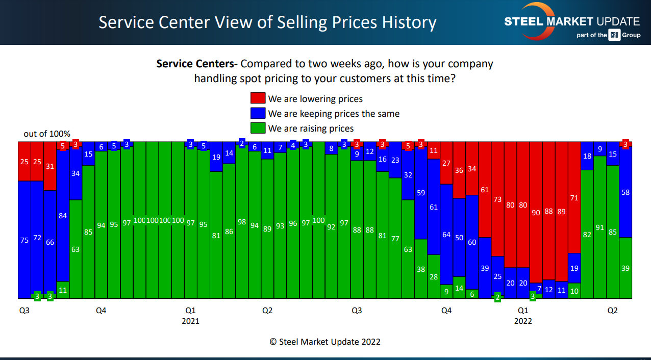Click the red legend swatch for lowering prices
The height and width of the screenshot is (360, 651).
[258, 98]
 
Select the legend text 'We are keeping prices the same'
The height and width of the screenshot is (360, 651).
[334, 114]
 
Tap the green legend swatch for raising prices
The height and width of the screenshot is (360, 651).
[258, 128]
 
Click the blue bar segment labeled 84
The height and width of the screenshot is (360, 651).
[63, 216]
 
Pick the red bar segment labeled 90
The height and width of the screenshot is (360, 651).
[536, 213]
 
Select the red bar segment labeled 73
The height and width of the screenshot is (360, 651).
[497, 199]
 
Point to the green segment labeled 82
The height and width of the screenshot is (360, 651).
[587, 234]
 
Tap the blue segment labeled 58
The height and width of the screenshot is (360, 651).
[625, 192]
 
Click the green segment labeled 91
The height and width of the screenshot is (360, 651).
[600, 227]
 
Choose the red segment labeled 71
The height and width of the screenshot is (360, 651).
[574, 198]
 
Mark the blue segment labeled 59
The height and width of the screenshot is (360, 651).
[421, 193]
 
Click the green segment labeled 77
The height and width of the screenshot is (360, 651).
[395, 238]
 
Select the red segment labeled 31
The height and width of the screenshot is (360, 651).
[50, 166]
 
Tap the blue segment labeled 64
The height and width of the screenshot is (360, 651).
[446, 235]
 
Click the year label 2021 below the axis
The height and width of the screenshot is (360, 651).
[190, 321]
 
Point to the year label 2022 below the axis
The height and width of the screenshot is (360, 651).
[523, 321]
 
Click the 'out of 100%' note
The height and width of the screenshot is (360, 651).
[47, 134]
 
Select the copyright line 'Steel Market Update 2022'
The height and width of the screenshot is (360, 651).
[325, 342]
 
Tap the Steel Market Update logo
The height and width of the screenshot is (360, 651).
[571, 21]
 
